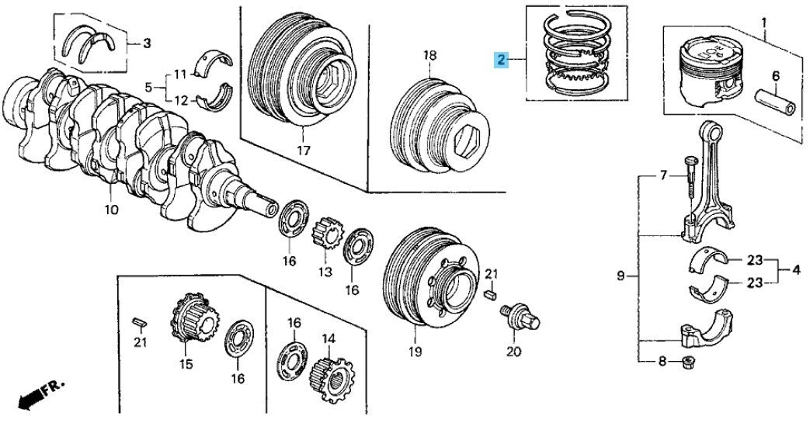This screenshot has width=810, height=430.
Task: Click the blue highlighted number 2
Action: [502, 59]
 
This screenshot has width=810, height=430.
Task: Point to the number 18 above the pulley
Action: [430, 55]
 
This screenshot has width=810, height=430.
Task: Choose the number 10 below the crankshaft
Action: [111, 209]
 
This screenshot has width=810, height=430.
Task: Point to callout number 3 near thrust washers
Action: [147, 43]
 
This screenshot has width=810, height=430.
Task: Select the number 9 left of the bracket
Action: [620, 276]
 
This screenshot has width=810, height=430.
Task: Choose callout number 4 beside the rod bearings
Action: [795, 270]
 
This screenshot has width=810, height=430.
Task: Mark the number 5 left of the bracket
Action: [149, 87]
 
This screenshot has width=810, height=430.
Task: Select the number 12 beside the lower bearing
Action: [180, 100]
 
